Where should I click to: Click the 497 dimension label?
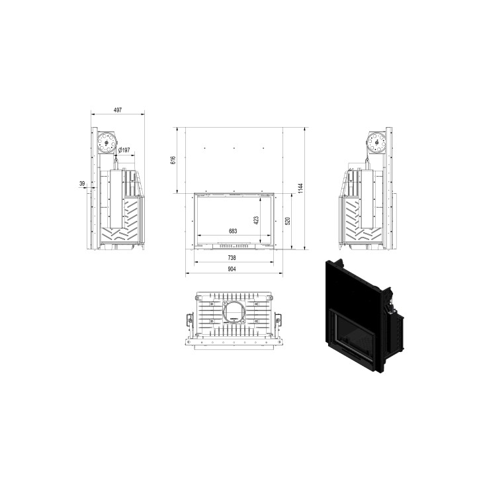point(118,110)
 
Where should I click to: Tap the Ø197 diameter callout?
point(124,150)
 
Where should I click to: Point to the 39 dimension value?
point(82,184)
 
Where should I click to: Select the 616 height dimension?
point(173,160)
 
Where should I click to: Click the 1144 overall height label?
point(300,188)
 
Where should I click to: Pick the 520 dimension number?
point(287,221)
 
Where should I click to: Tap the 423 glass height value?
point(256,220)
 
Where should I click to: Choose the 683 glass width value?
point(233,231)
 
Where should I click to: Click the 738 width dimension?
point(232,258)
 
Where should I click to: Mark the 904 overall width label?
point(232,269)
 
